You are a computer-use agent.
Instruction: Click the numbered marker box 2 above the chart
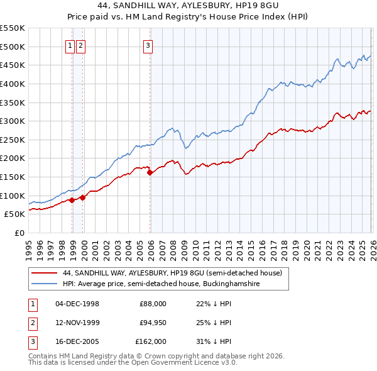[81, 45]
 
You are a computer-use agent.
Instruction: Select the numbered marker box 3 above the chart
[148, 45]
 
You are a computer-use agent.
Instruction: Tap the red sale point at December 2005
[150, 172]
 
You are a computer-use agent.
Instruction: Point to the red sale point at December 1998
[72, 200]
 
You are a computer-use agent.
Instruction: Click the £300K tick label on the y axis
[13, 121]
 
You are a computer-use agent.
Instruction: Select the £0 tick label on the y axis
[19, 233]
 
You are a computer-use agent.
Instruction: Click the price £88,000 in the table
[153, 304]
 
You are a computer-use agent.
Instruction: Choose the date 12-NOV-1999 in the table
[77, 323]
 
